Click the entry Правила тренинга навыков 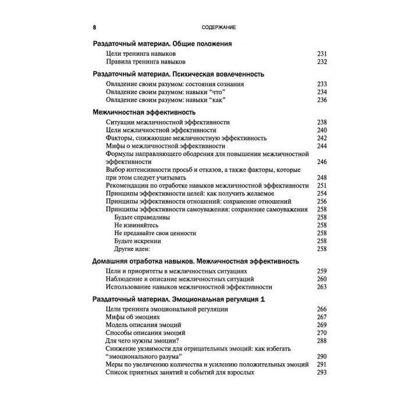pos(146,62)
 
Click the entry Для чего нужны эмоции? pos(143,340)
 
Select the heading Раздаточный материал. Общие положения pos(162,43)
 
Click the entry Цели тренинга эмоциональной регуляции pos(167,309)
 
